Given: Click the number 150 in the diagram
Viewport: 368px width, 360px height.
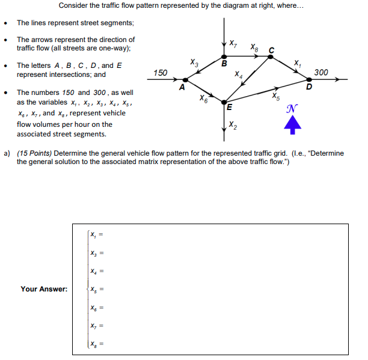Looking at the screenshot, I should click(x=161, y=73).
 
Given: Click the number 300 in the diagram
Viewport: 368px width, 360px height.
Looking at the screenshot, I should click(x=321, y=72).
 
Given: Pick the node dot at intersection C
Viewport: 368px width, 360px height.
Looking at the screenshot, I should click(x=270, y=57).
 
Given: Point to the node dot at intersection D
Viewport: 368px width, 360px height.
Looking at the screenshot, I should click(x=309, y=79).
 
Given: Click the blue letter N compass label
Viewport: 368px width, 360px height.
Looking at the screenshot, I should click(x=292, y=109).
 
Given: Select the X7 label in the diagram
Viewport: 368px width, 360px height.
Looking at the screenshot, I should click(x=233, y=43).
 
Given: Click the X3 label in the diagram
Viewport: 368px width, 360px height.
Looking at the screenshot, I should click(x=194, y=61).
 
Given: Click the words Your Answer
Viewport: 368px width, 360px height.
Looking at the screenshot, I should click(x=44, y=289).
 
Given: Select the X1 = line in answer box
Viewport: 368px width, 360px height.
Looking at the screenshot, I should click(x=97, y=234).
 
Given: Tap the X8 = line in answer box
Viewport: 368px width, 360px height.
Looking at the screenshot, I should click(x=97, y=344).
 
